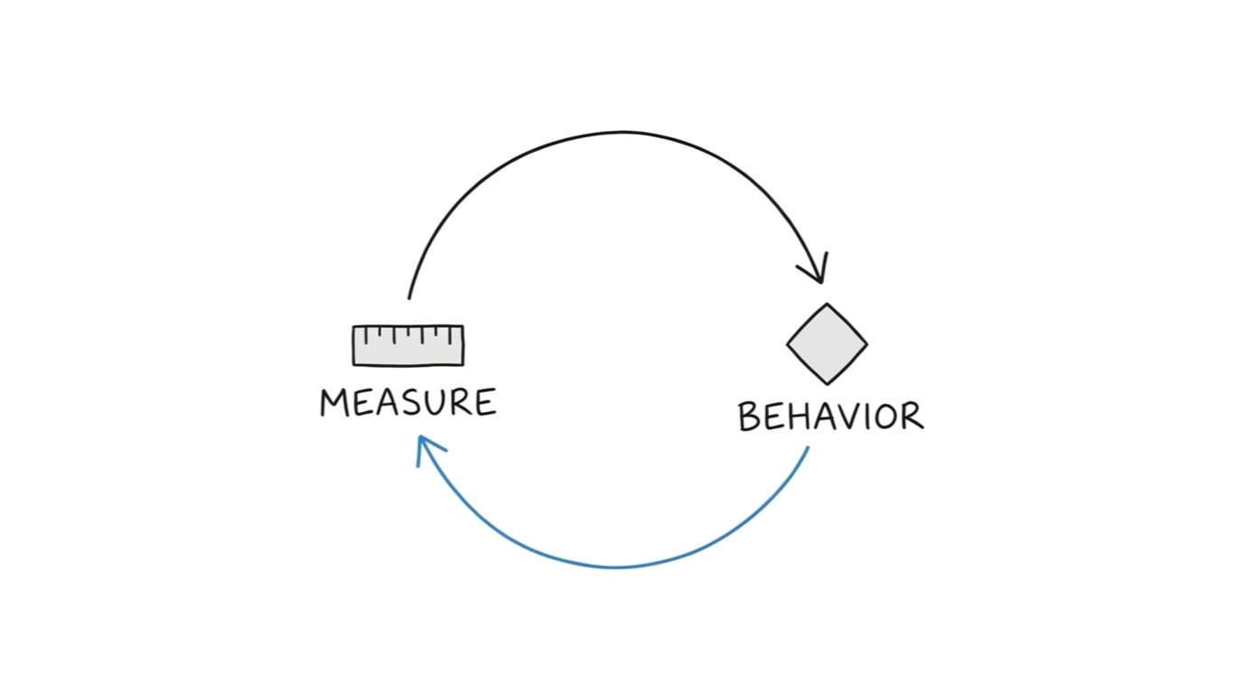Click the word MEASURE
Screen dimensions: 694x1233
point(408,402)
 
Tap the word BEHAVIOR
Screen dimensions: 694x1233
point(830,417)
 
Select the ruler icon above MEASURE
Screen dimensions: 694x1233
point(408,345)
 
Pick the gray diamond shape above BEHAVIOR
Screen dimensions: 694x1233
point(827,344)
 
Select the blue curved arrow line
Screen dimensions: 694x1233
point(614,567)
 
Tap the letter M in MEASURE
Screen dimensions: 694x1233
point(334,403)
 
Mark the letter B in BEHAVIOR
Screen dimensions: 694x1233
point(749,417)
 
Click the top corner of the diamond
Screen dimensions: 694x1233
point(827,305)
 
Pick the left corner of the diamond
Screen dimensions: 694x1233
point(789,344)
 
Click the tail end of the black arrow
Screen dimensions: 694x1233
point(409,296)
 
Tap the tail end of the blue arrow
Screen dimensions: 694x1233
point(808,448)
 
